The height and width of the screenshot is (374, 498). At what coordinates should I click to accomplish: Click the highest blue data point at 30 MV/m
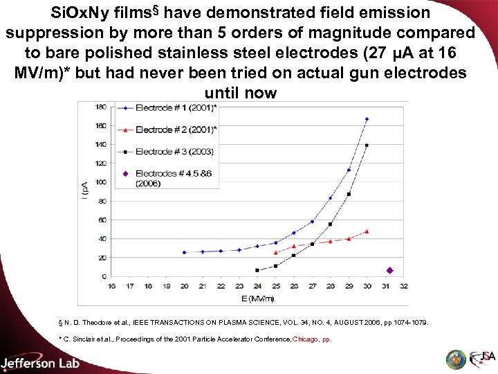(367, 119)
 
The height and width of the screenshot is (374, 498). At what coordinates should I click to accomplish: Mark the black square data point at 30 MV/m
(367, 145)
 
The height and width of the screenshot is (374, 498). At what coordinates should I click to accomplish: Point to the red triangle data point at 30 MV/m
(367, 231)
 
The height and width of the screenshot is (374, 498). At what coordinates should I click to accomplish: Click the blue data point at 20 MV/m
(184, 252)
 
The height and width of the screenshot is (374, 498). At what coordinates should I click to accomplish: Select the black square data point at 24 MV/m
(257, 270)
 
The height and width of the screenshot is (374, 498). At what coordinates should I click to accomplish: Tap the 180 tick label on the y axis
(101, 107)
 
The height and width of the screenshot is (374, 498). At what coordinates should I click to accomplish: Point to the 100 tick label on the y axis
(101, 182)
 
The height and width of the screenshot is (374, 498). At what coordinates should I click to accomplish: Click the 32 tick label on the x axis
(403, 285)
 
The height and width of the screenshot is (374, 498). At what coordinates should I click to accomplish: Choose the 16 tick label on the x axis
(111, 285)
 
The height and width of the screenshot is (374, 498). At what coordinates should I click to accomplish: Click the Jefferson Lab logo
(40, 363)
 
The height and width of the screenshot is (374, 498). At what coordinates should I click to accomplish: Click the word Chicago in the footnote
(306, 339)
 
